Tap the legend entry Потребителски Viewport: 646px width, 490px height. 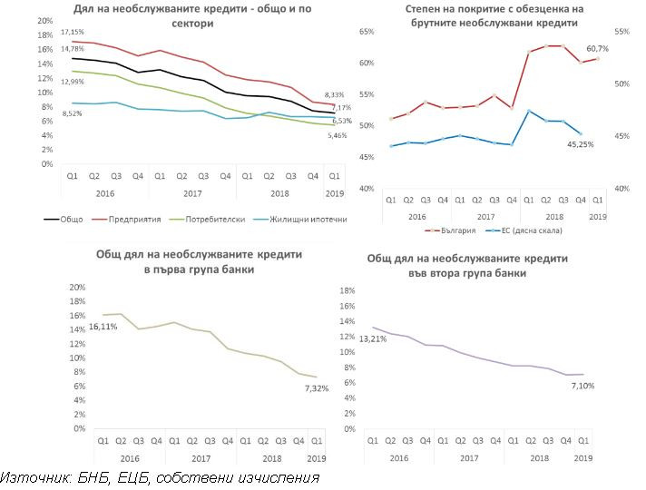(x=212, y=219)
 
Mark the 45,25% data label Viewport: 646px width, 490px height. (x=581, y=142)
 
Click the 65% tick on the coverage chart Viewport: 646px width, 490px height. (x=367, y=32)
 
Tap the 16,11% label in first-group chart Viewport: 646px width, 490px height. (x=103, y=326)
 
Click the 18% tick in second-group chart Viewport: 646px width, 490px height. (x=347, y=290)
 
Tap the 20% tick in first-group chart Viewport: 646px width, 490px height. (x=77, y=287)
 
